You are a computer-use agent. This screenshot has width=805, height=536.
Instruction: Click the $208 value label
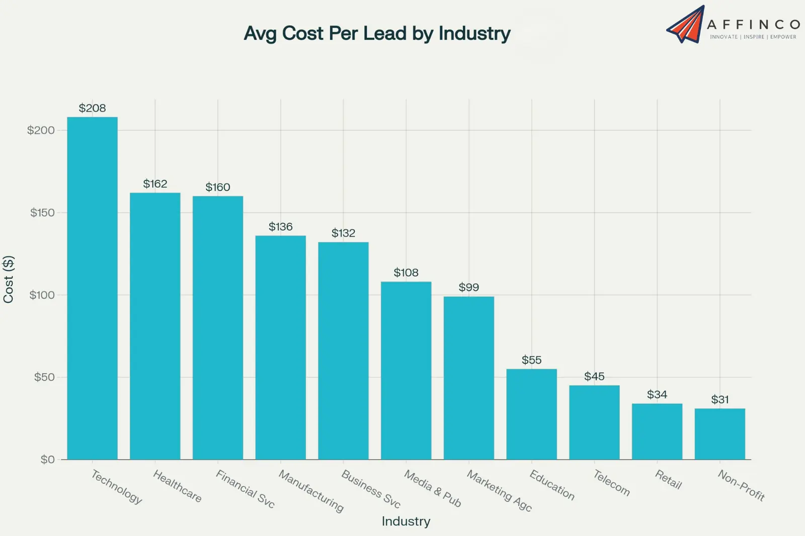click(92, 108)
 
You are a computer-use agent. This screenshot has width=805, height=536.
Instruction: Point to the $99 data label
click(468, 287)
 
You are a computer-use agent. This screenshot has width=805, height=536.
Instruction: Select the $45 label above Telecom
click(594, 376)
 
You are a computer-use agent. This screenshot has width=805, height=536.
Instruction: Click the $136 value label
click(280, 227)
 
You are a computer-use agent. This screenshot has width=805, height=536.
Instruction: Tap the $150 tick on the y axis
click(42, 213)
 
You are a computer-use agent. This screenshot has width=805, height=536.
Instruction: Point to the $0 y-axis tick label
click(47, 460)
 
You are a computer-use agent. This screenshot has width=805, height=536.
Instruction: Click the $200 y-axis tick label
click(41, 130)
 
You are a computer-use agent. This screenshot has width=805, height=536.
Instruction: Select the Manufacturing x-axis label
click(311, 491)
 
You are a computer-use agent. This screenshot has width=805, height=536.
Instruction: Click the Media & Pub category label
click(433, 488)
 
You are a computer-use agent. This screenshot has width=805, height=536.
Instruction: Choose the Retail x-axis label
click(668, 479)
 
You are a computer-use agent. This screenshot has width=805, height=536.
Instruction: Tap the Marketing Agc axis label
click(499, 490)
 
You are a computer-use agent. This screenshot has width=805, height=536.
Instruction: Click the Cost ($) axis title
click(9, 279)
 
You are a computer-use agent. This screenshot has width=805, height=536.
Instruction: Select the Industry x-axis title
click(406, 521)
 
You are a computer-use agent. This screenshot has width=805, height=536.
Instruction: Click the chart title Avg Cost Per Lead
click(377, 33)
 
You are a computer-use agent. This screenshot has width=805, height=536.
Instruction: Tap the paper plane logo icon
click(685, 25)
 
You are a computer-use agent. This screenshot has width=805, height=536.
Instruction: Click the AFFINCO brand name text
click(753, 25)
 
